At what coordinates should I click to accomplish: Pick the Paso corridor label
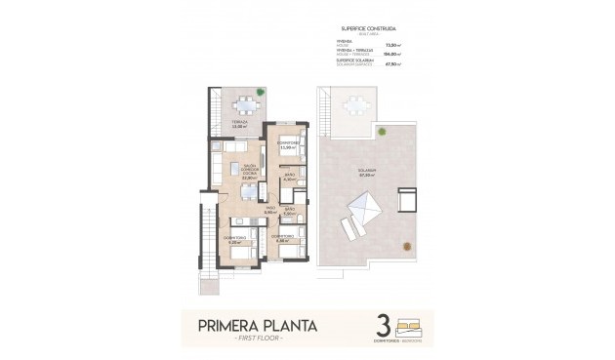(268, 210)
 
